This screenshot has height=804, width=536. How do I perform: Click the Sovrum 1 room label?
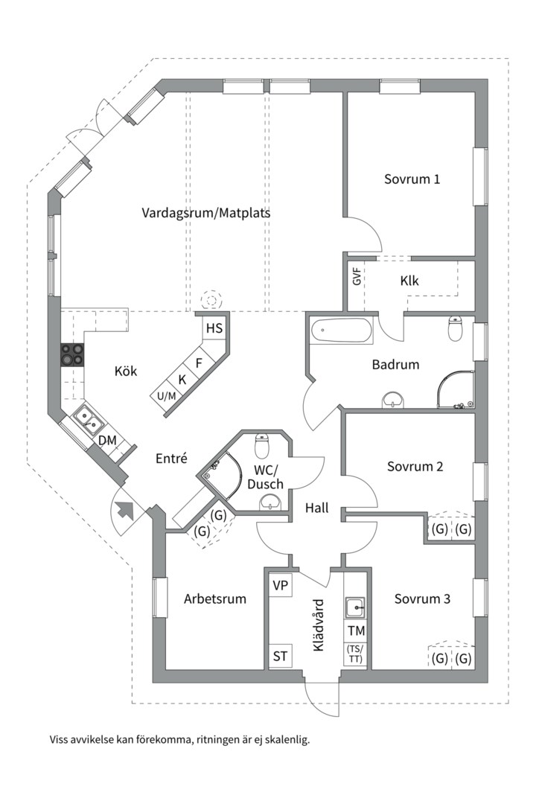[412, 179]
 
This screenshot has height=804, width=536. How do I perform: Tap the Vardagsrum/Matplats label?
[205, 212]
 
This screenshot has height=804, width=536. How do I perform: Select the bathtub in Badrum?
[342, 331]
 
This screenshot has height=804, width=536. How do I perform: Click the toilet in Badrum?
[456, 329]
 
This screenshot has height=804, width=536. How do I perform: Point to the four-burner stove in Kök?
[72, 355]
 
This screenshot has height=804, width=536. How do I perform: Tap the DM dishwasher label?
[107, 440]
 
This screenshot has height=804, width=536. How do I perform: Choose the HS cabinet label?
[214, 328]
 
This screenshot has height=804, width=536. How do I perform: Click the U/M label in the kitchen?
[166, 396]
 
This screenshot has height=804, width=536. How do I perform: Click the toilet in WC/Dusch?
[262, 446]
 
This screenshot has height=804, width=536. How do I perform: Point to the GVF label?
[357, 276]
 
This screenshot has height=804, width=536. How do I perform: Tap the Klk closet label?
[409, 281]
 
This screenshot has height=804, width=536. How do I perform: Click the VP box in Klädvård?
[280, 585]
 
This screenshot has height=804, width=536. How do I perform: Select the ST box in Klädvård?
[280, 656]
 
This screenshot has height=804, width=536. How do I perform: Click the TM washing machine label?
[356, 631]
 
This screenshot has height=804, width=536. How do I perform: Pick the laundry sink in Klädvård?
[355, 608]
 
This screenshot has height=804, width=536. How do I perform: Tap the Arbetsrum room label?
[215, 599]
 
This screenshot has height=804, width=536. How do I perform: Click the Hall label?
[316, 508]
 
